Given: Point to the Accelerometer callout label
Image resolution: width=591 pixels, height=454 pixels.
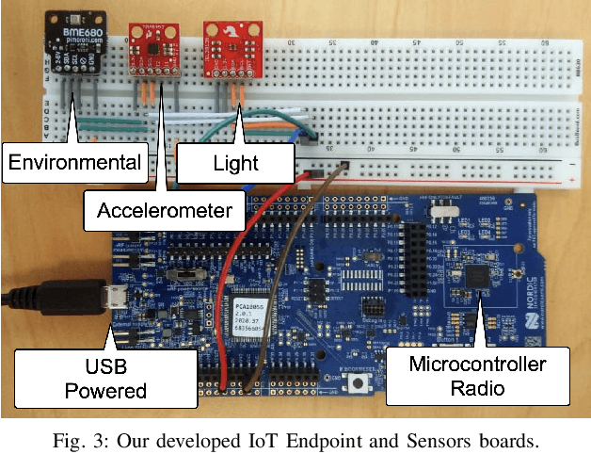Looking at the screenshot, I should click(x=164, y=211).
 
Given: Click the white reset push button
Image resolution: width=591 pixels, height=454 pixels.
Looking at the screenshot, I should click(x=359, y=384).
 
